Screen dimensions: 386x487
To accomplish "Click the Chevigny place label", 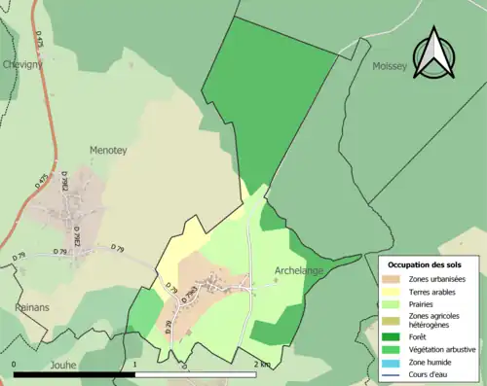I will (x=22, y=64).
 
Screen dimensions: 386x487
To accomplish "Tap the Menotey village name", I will (x=108, y=151).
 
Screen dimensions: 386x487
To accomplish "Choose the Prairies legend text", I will (x=424, y=304).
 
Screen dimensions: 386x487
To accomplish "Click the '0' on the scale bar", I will (x=15, y=364).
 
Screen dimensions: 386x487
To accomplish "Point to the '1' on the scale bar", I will (x=134, y=364).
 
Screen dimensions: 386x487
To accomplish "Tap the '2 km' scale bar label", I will (x=261, y=364).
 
